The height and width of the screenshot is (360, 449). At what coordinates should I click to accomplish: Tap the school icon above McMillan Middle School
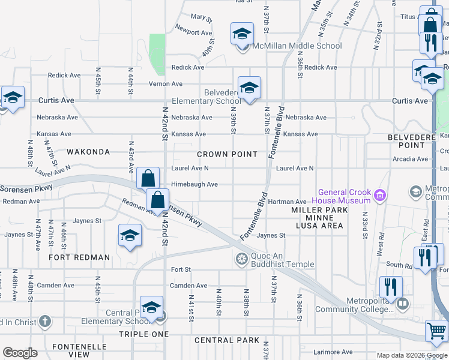point(242,33)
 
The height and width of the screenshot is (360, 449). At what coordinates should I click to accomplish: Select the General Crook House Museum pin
point(379,194)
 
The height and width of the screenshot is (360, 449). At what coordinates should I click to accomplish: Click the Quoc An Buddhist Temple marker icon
point(241,259)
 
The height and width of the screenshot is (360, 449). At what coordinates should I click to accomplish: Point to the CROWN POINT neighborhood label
point(228,154)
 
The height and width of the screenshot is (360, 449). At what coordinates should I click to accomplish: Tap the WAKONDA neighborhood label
point(88,152)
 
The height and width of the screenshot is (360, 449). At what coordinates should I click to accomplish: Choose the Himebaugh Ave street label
point(194,184)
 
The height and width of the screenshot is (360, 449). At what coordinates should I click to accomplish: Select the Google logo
point(20,353)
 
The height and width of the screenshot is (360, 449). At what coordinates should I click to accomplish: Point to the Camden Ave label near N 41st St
point(188,286)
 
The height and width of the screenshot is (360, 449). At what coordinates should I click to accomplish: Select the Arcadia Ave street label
point(411,159)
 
